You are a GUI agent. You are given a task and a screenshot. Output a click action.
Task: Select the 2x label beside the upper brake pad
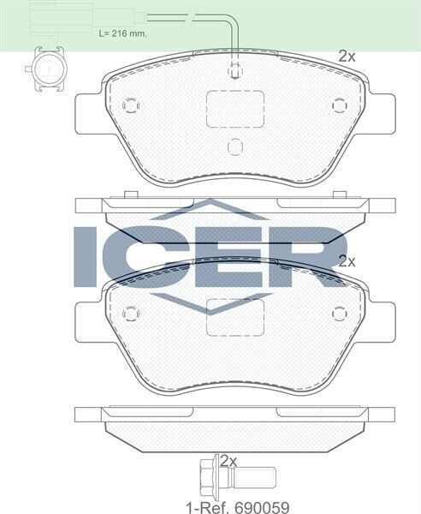point(346,57)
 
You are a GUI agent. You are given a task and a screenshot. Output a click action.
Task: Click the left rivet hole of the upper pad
point(130,105)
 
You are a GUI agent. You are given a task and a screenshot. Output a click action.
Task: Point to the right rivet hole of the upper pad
point(340,105)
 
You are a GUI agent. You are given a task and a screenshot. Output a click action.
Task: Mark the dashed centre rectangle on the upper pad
point(235,109)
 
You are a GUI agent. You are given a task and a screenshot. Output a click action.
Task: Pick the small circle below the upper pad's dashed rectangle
point(235,146)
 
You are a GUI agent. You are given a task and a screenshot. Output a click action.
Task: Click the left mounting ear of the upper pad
point(89,114)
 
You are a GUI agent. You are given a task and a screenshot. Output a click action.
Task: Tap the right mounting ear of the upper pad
point(382,114)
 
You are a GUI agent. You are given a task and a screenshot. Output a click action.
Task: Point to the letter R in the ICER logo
point(312,255)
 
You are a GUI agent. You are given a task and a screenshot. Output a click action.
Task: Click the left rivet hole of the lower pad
point(130,314)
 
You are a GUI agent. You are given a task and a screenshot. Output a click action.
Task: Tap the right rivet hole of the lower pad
point(340,314)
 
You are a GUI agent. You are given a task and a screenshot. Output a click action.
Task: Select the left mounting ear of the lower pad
point(89,321)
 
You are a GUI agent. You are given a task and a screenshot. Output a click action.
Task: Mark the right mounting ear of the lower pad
point(382,321)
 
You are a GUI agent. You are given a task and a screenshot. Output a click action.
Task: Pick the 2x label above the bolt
point(228,460)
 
